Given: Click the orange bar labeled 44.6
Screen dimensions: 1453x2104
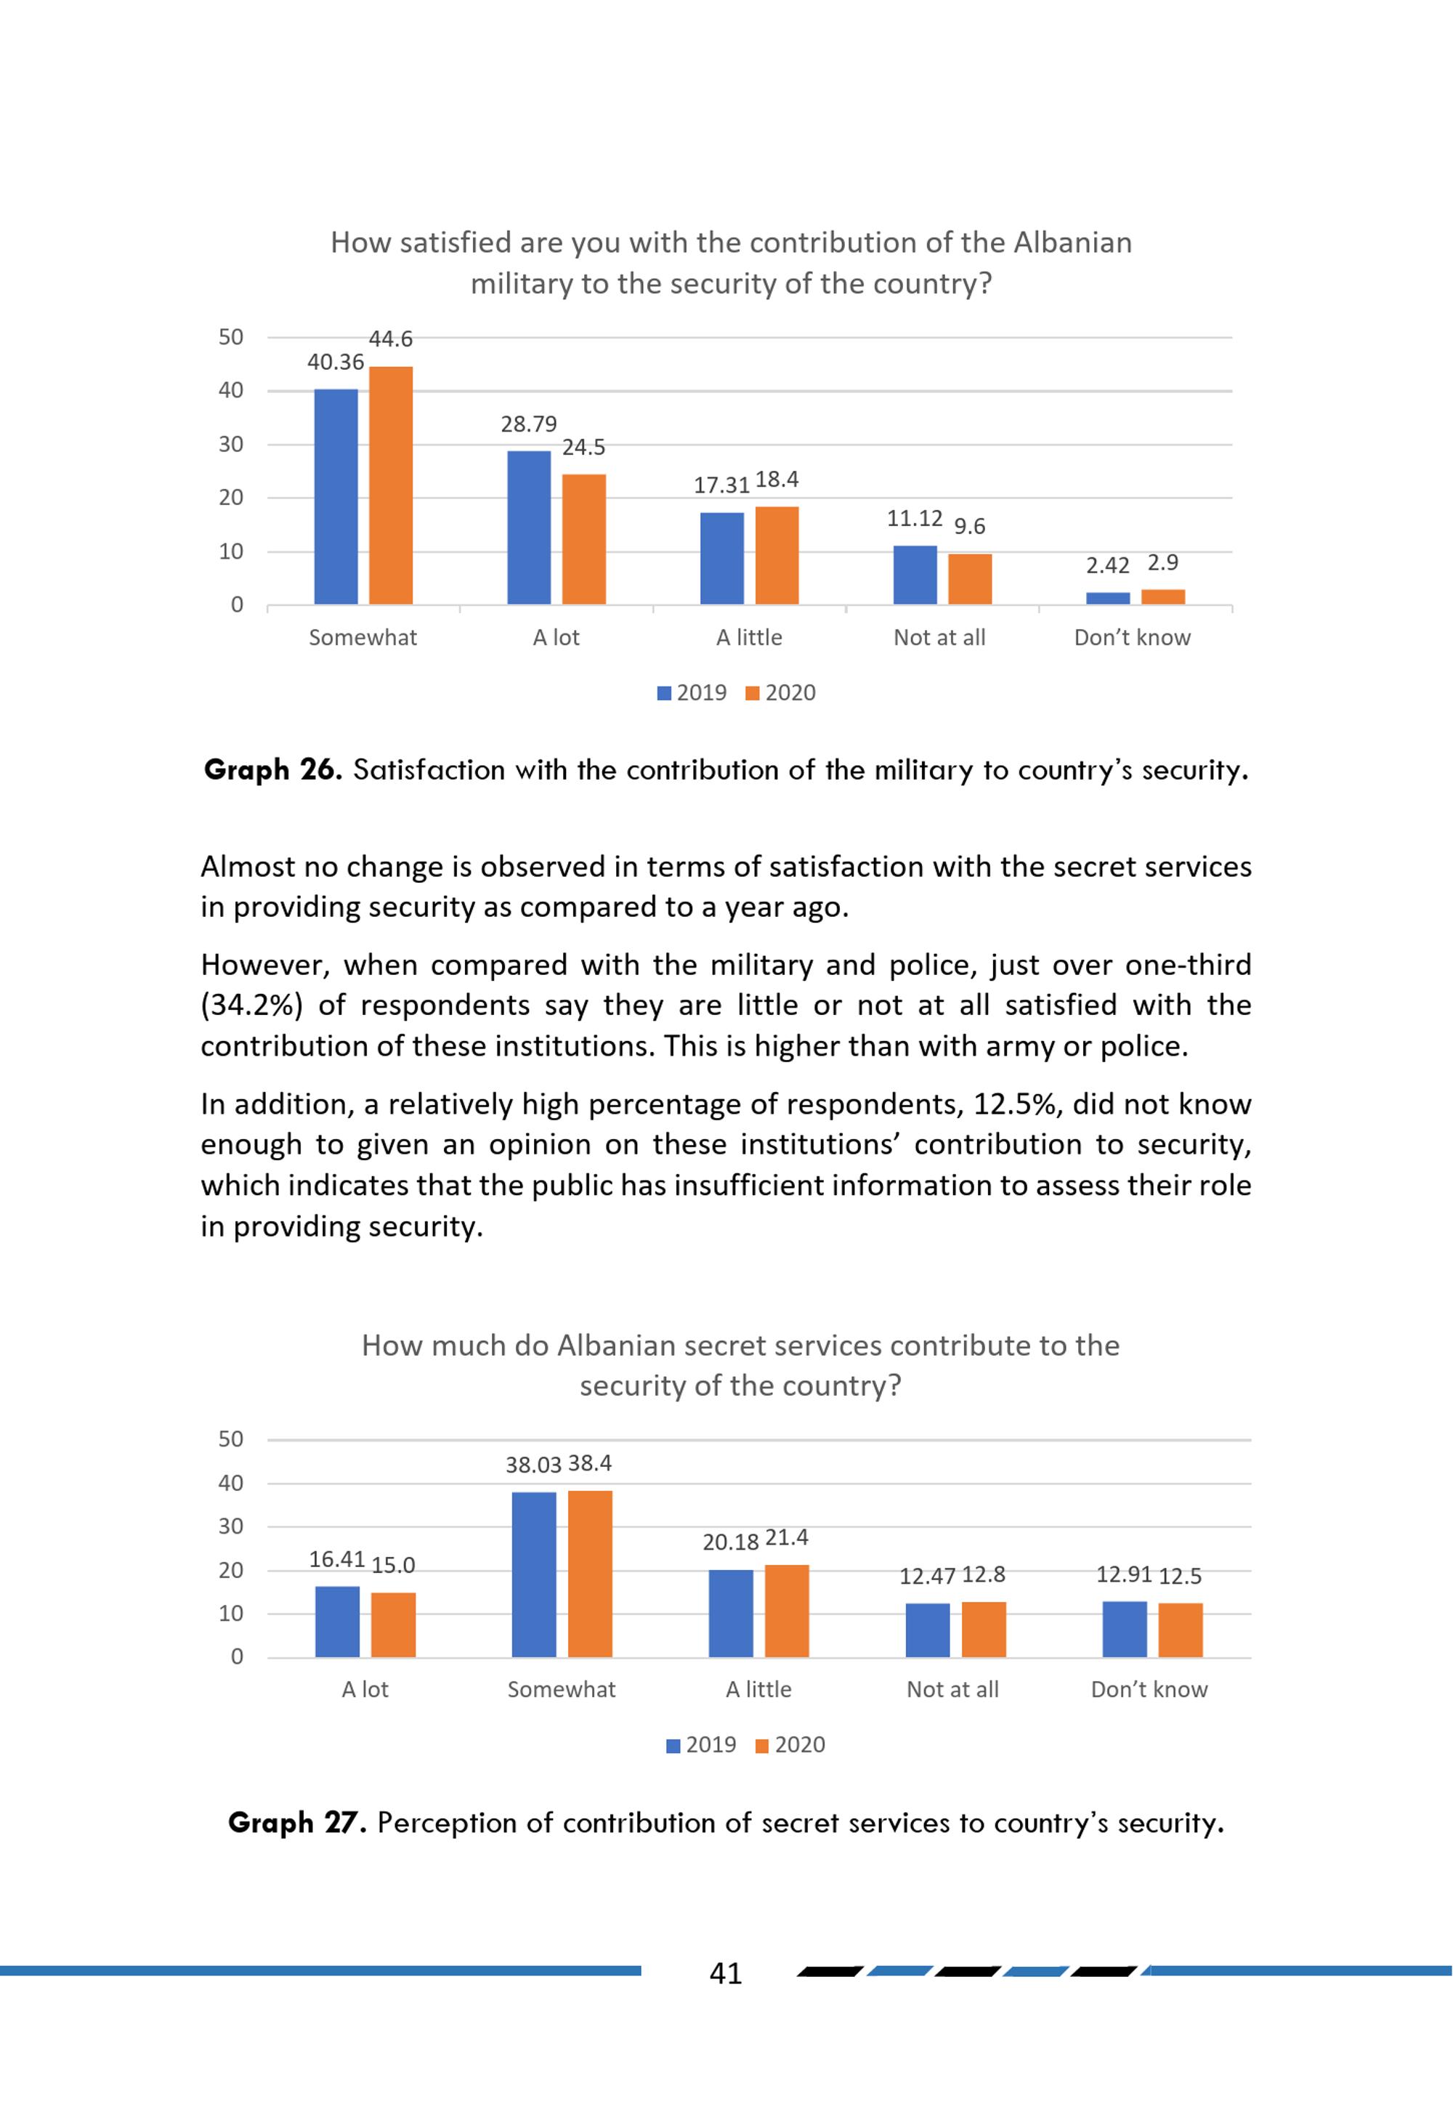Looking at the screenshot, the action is click(x=391, y=485).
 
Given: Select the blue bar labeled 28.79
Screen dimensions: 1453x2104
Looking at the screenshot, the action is click(x=529, y=528).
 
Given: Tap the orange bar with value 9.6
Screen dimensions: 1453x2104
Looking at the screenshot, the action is click(x=970, y=580).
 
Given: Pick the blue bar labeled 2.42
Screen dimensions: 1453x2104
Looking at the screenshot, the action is click(x=1108, y=598).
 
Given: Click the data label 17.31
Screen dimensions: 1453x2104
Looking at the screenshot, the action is click(x=721, y=485).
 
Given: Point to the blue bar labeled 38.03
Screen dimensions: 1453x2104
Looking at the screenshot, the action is click(x=535, y=1574).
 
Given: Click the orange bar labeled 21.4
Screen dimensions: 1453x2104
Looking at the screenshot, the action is click(x=787, y=1611).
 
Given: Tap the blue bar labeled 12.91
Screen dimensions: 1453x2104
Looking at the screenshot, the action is click(x=1125, y=1629).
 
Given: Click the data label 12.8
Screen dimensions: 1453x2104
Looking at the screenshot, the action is click(x=984, y=1574).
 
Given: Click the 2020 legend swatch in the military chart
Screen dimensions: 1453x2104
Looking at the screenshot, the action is click(x=752, y=694).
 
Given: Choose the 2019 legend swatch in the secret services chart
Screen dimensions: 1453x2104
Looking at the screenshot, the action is click(x=673, y=1745).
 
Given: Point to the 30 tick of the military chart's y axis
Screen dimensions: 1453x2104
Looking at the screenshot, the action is click(x=231, y=445).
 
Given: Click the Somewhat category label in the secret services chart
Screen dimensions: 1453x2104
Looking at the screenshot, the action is click(x=562, y=1690).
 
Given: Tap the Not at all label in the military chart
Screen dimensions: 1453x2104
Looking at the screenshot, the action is click(x=939, y=637).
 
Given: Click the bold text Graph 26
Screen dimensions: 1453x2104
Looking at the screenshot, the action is click(x=273, y=770).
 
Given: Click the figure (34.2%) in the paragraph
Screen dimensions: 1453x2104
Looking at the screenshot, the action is click(x=251, y=1005).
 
